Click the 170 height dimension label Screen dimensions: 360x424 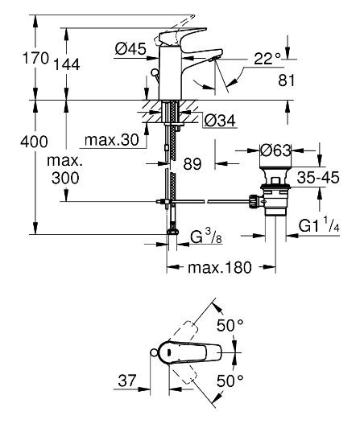[x=35, y=58]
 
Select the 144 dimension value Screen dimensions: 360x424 [x=67, y=64]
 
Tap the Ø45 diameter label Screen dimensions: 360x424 [x=130, y=49]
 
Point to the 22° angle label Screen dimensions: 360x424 [x=267, y=59]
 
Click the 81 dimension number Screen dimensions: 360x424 [x=287, y=80]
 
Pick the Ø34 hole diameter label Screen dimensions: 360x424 [x=220, y=121]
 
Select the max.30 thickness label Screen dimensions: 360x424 [x=112, y=140]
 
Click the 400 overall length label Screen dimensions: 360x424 [x=34, y=142]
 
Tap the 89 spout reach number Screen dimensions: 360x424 [x=192, y=164]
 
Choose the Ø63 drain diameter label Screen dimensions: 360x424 [x=275, y=150]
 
